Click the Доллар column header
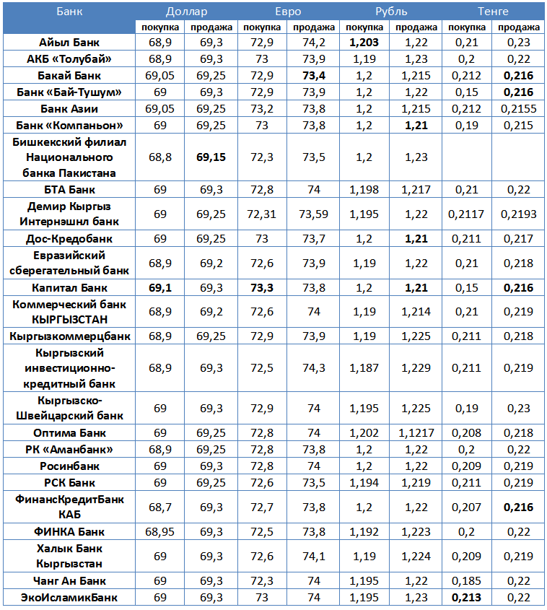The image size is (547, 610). (x=185, y=11)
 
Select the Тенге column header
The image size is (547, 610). (x=493, y=11)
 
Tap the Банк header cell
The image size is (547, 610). (x=69, y=11)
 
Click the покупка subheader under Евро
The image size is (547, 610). (x=262, y=27)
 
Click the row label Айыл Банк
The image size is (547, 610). (x=69, y=43)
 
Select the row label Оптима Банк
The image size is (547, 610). (x=69, y=433)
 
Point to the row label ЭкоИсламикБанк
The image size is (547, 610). (x=69, y=598)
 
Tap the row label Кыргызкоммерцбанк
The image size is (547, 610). (x=69, y=336)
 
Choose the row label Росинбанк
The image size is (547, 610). (x=69, y=466)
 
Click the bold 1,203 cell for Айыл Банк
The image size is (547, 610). (x=364, y=43)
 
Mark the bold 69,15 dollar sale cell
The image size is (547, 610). (x=211, y=157)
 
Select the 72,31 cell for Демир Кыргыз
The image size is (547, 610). (x=261, y=214)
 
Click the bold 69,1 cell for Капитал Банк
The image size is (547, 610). (x=159, y=287)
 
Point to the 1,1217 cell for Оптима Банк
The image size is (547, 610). (x=416, y=433)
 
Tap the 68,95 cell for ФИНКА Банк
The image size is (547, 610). (x=159, y=532)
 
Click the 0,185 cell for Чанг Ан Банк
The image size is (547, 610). (x=467, y=581)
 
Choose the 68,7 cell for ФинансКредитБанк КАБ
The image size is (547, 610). (x=159, y=507)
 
